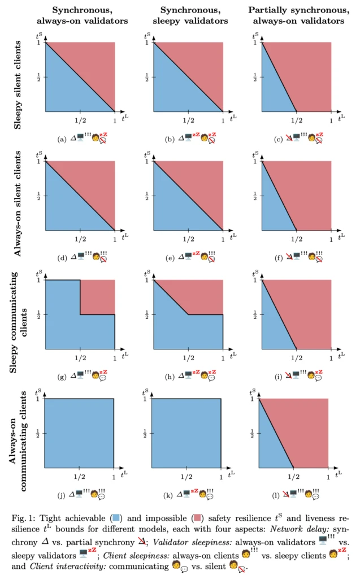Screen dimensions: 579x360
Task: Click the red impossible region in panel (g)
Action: (98, 297)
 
